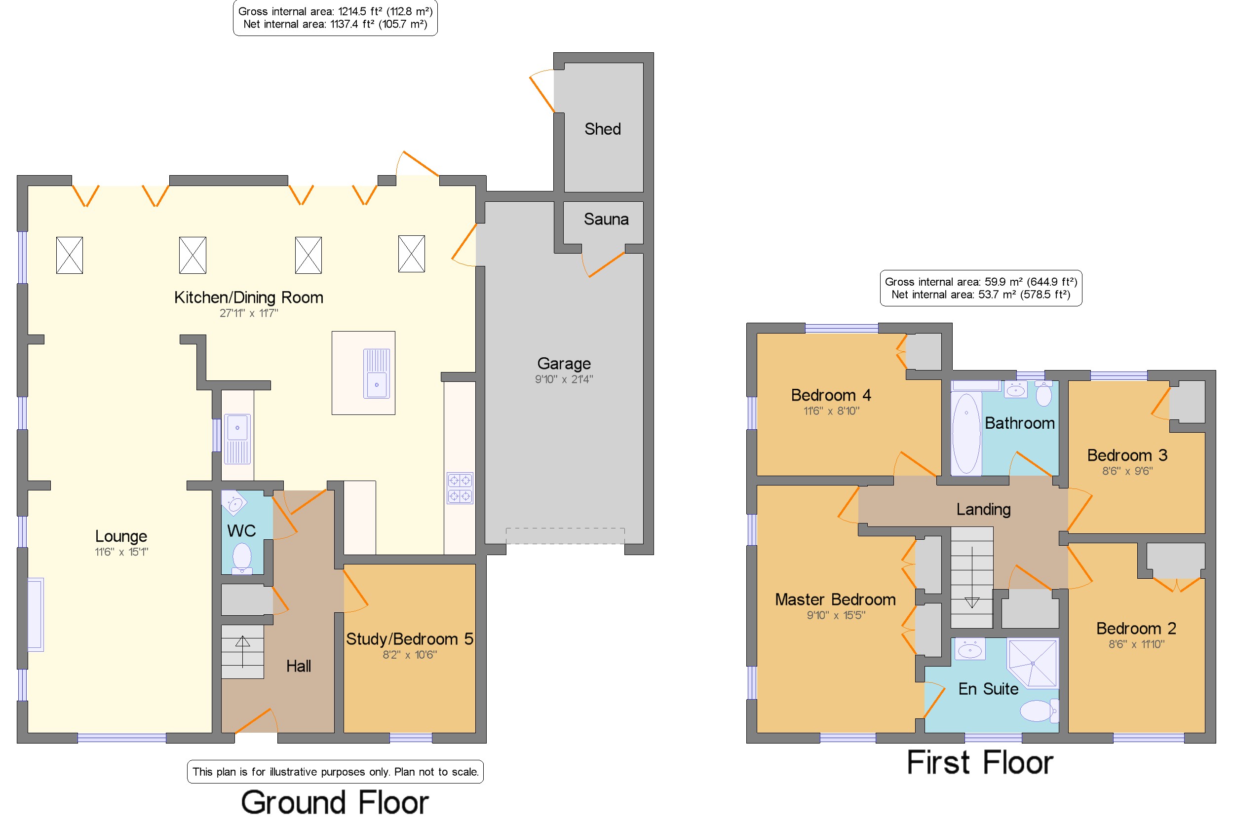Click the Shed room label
[602, 129]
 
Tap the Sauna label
[606, 219]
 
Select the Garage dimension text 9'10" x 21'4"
[564, 379]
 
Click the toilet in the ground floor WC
[242, 558]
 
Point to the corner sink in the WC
[233, 503]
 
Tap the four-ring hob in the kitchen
[460, 488]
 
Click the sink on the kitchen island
[376, 373]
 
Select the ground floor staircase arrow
[242, 652]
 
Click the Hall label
[299, 666]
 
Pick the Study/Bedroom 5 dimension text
[409, 655]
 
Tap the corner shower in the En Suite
[1032, 663]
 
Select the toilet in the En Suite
[1039, 711]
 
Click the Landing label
[983, 509]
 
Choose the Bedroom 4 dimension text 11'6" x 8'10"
[831, 411]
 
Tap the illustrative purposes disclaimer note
[335, 772]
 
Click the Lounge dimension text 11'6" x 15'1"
[121, 552]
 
